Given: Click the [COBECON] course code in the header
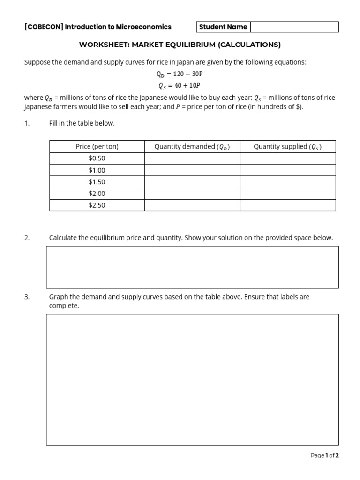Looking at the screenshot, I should pyautogui.click(x=44, y=27).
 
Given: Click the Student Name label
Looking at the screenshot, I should pyautogui.click(x=223, y=27).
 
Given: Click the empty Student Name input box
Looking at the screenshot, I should pyautogui.click(x=294, y=27).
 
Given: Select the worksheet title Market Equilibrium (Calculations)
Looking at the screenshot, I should pyautogui.click(x=180, y=45).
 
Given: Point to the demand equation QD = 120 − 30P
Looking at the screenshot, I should pyautogui.click(x=180, y=74).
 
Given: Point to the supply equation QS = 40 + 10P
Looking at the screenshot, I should pyautogui.click(x=180, y=85).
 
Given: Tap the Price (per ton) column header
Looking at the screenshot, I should pyautogui.click(x=97, y=147).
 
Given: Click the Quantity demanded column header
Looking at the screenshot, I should pyautogui.click(x=192, y=147).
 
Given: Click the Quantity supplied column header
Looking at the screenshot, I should pyautogui.click(x=288, y=147).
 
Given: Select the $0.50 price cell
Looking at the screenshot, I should pyautogui.click(x=97, y=158).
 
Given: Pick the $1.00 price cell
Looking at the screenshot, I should pyautogui.click(x=97, y=170).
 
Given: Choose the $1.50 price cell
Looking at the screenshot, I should pyautogui.click(x=97, y=182).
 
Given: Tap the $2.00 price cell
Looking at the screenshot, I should pyautogui.click(x=97, y=194).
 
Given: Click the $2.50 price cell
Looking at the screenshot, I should pyautogui.click(x=97, y=205).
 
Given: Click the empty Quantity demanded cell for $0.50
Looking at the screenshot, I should pyautogui.click(x=192, y=158).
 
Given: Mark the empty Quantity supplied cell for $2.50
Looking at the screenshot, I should pyautogui.click(x=288, y=205).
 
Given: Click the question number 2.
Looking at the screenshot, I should pyautogui.click(x=27, y=238).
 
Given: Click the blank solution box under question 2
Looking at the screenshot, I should pyautogui.click(x=192, y=267).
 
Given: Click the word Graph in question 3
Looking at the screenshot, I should pyautogui.click(x=58, y=297).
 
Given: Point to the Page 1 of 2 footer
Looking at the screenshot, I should pyautogui.click(x=324, y=455).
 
